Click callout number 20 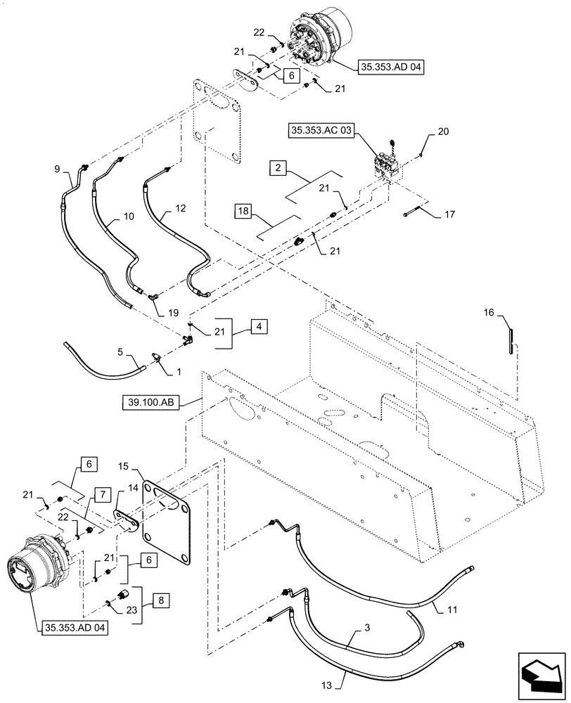442,131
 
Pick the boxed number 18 243,211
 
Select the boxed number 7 102,496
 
